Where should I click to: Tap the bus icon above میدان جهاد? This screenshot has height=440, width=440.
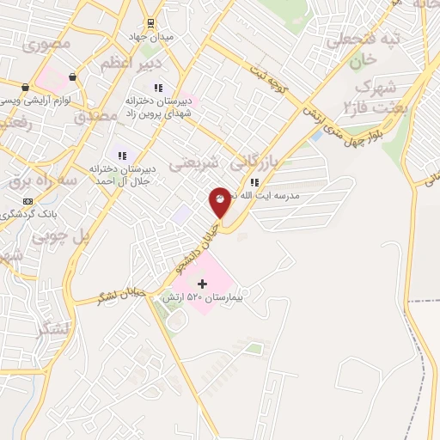(151, 22)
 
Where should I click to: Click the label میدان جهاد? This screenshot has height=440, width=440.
(156, 38)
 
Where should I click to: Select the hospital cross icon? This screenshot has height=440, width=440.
(203, 283)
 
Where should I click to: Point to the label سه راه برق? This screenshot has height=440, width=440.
(43, 181)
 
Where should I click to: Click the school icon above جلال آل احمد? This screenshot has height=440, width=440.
(123, 156)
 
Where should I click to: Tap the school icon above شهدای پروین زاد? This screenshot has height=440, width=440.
(157, 88)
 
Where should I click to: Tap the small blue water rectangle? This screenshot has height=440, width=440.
(316, 135)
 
